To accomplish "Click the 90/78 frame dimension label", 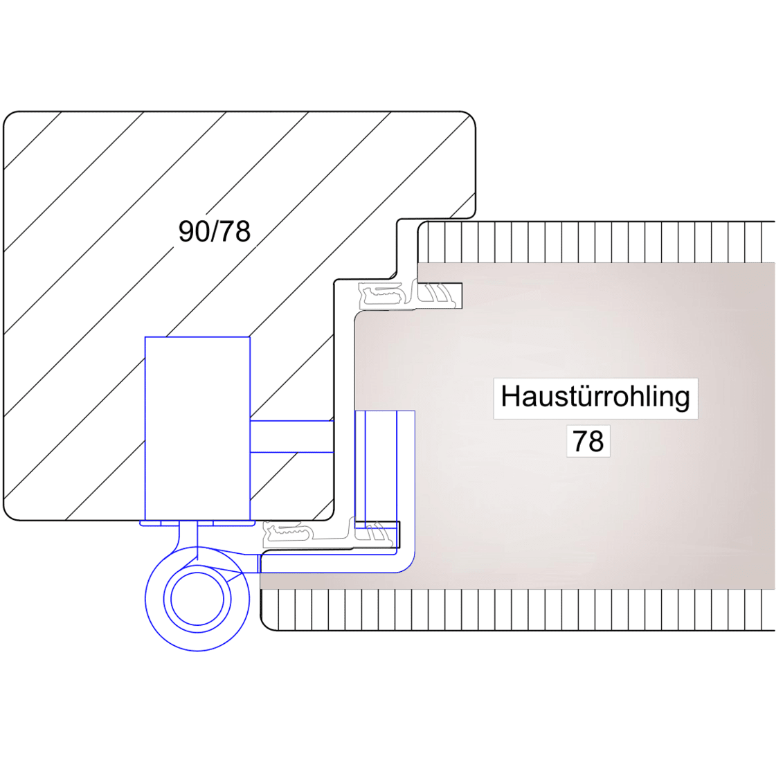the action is tap(214, 231).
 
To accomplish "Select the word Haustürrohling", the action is tap(595, 397).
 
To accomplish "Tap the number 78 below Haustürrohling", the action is tap(588, 441).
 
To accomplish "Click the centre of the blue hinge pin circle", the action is tap(197, 599).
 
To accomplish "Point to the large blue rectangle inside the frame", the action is tap(197, 429).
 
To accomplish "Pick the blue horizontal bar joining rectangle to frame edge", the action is tap(291, 436).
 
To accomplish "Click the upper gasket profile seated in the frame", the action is tap(382, 295).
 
